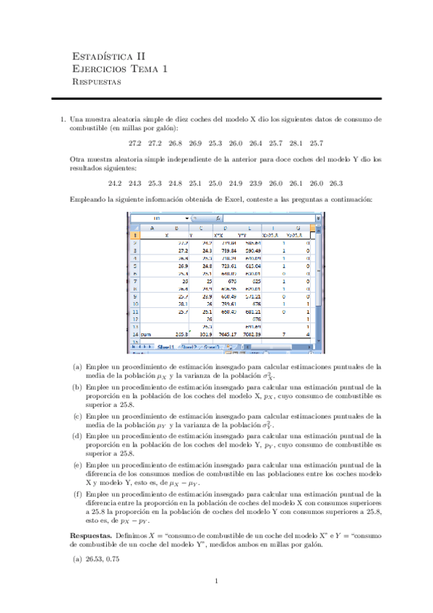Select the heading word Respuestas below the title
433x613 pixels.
coord(97,82)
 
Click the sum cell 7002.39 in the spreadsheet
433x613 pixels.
coord(252,354)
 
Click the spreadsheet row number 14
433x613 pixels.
coord(135,354)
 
